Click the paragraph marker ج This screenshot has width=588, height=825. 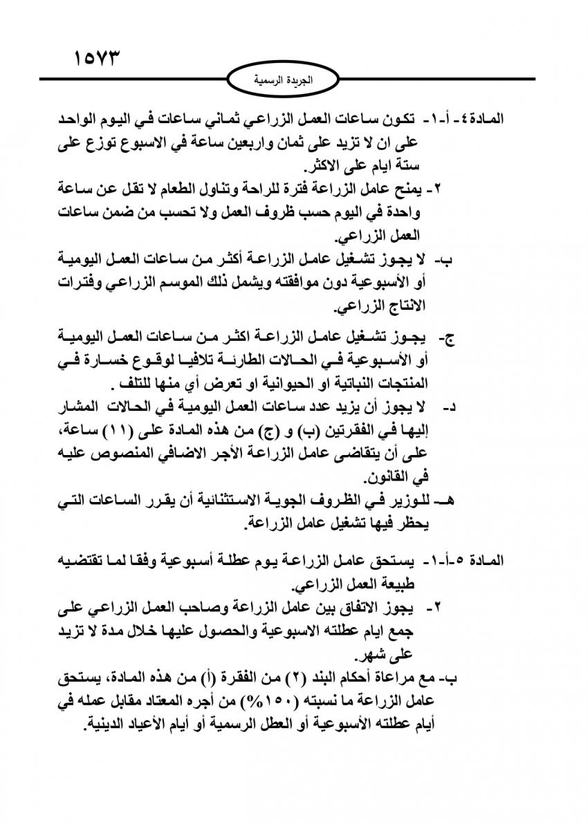[x=448, y=338]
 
